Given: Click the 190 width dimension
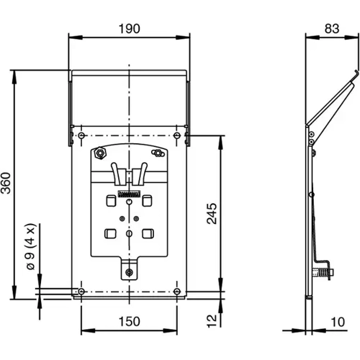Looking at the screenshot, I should point(128,28).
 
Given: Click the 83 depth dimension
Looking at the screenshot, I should point(331,28).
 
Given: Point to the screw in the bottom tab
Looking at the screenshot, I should point(128,272).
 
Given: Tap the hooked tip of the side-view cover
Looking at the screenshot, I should point(354,76).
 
